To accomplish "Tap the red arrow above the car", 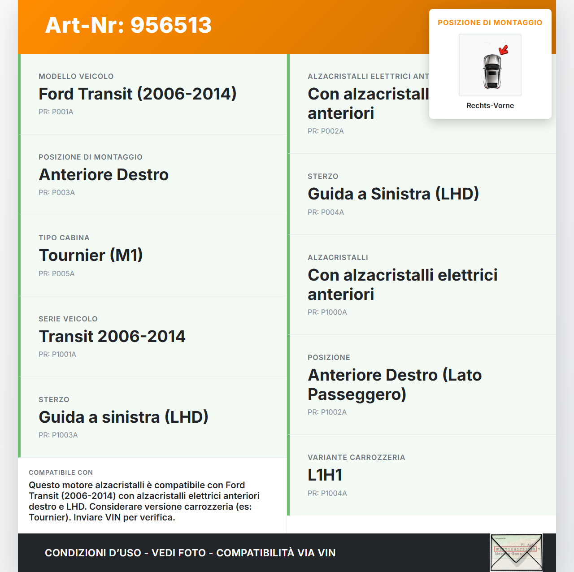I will tap(504, 49).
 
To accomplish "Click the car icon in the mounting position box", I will tap(492, 71).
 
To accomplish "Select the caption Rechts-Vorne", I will tap(490, 106).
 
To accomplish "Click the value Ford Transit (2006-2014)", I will tap(137, 94).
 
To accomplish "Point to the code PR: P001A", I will tap(56, 112).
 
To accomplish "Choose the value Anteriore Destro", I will tap(104, 175).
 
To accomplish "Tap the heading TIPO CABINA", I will tap(64, 238).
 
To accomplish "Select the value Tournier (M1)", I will tap(91, 256).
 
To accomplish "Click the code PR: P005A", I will tap(57, 274).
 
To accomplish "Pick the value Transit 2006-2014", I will tap(112, 337).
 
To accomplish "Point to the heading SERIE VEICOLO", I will tap(68, 319).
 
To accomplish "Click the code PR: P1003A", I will tap(58, 435).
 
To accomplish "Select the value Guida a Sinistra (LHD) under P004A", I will tap(393, 194).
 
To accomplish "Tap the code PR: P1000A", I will tap(327, 312).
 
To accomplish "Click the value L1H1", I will tap(325, 475).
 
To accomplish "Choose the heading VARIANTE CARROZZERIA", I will tap(357, 458).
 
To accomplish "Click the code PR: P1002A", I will tap(327, 412).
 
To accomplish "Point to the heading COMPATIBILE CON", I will tap(61, 473).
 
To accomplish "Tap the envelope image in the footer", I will tap(516, 553).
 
